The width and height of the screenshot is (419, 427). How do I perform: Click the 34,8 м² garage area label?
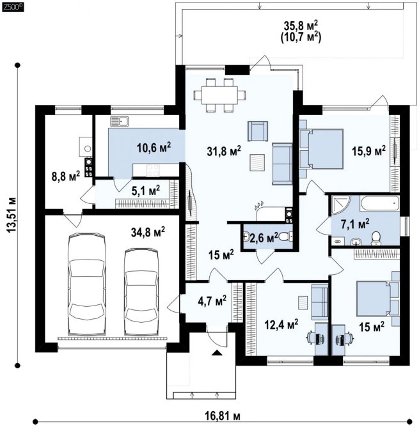click(x=148, y=232)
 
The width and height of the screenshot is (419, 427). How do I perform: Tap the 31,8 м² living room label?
click(x=224, y=151)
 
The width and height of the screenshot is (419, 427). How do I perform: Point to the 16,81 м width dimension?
click(x=223, y=416)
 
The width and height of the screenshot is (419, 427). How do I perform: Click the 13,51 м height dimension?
click(x=12, y=215)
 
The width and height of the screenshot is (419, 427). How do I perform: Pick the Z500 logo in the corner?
click(x=13, y=7)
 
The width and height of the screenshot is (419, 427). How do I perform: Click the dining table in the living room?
click(x=219, y=95)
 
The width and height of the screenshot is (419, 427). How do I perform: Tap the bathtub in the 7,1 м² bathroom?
click(x=379, y=203)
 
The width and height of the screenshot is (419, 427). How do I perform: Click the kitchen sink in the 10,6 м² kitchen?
click(x=119, y=121)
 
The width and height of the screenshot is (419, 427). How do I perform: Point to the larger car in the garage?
click(x=87, y=284)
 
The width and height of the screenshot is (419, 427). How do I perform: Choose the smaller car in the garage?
click(x=141, y=291)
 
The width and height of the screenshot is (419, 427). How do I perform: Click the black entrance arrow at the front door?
click(x=217, y=353)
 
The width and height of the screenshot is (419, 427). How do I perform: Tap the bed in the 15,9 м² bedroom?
click(x=321, y=149)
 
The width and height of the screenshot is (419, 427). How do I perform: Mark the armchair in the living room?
click(x=257, y=131)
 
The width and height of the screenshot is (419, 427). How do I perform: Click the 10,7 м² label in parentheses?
click(x=301, y=37)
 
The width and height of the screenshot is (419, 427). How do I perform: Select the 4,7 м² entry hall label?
click(x=212, y=301)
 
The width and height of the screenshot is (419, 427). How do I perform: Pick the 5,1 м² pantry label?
click(x=146, y=190)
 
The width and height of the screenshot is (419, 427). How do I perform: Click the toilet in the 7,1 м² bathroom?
click(x=376, y=237)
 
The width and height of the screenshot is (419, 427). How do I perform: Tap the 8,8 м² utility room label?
click(x=66, y=176)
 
